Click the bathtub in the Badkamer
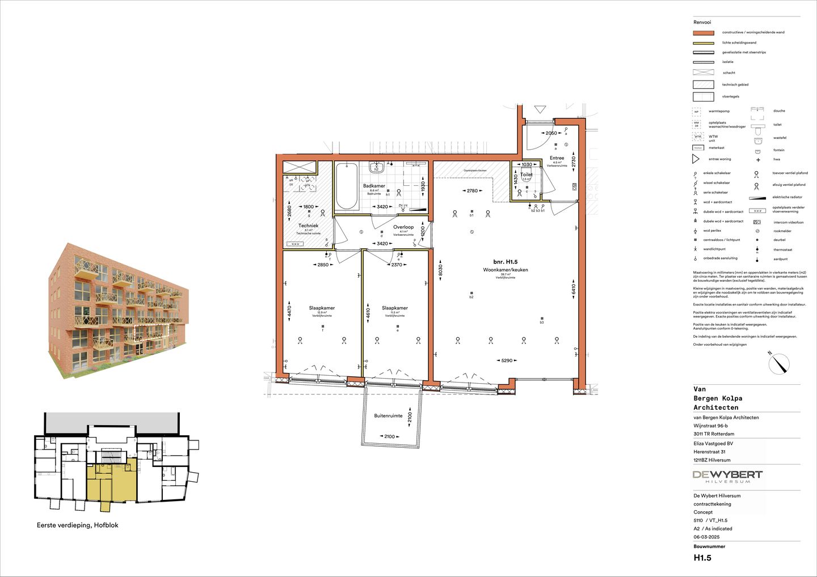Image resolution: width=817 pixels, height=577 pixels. (346, 186)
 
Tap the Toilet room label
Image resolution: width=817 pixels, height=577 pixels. (527, 175)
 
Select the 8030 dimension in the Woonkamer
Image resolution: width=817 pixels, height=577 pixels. (440, 271)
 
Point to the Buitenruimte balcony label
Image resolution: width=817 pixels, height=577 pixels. (388, 416)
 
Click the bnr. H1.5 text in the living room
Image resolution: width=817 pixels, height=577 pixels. (505, 262)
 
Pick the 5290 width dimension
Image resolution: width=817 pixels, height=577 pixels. (507, 360)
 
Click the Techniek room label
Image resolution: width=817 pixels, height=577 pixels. (308, 226)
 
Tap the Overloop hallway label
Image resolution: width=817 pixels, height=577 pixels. (403, 227)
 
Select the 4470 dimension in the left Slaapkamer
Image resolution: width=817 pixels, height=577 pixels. (289, 311)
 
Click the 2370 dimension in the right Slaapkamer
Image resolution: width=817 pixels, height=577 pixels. (397, 265)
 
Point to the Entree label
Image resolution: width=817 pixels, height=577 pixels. (557, 158)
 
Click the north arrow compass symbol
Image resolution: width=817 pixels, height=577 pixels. (780, 363)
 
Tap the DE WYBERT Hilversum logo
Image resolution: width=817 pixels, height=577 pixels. (727, 476)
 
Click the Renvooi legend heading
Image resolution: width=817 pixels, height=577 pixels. (702, 23)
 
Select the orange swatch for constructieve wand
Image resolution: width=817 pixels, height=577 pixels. (704, 33)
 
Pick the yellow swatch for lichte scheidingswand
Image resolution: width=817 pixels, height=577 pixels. (704, 43)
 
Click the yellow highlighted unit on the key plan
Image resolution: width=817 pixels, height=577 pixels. (112, 483)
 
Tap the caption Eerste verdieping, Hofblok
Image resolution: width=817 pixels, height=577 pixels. (78, 525)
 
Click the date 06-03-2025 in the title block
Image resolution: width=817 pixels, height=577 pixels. (706, 537)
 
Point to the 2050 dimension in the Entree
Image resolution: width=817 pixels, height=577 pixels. (551, 133)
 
